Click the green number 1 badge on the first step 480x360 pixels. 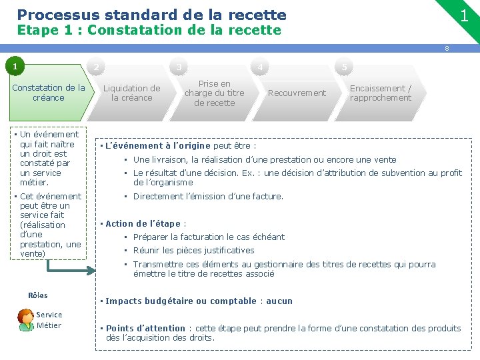tap(13, 67)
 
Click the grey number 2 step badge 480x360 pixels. tap(97, 67)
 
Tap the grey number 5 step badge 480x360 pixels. tap(344, 67)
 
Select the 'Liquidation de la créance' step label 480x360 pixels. tap(131, 93)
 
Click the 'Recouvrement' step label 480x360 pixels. tap(297, 93)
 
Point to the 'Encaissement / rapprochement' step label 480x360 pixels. tap(381, 93)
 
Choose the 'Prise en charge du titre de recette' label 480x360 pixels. tap(214, 93)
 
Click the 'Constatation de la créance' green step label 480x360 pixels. tap(49, 93)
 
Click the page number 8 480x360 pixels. tap(447, 48)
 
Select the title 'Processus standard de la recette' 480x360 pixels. tap(151, 15)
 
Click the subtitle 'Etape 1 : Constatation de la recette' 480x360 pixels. tap(149, 30)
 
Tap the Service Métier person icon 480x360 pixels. tap(25, 320)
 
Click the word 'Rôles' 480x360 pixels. tap(38, 295)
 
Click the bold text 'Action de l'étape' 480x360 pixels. tap(143, 223)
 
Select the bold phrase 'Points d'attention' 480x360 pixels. tap(145, 328)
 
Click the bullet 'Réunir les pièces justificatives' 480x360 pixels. tap(193, 251)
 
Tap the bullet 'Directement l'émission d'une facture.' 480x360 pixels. tap(208, 196)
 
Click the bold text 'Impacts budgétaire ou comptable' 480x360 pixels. tap(181, 301)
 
